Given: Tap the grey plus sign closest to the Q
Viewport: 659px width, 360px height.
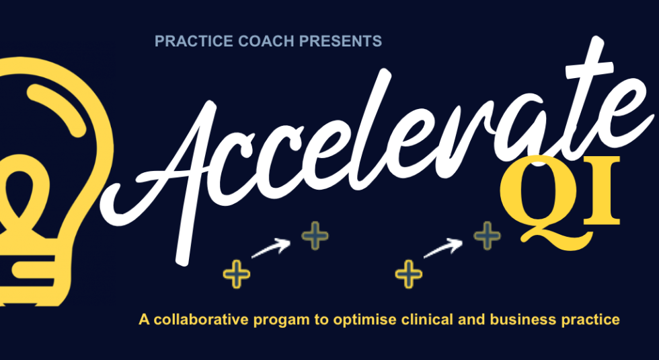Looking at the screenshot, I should tap(488, 236).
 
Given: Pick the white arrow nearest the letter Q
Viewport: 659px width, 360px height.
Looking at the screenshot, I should tap(445, 248).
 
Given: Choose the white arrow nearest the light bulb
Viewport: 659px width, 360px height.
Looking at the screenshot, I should tap(272, 248).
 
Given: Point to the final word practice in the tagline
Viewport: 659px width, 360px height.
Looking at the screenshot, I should tap(590, 320).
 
